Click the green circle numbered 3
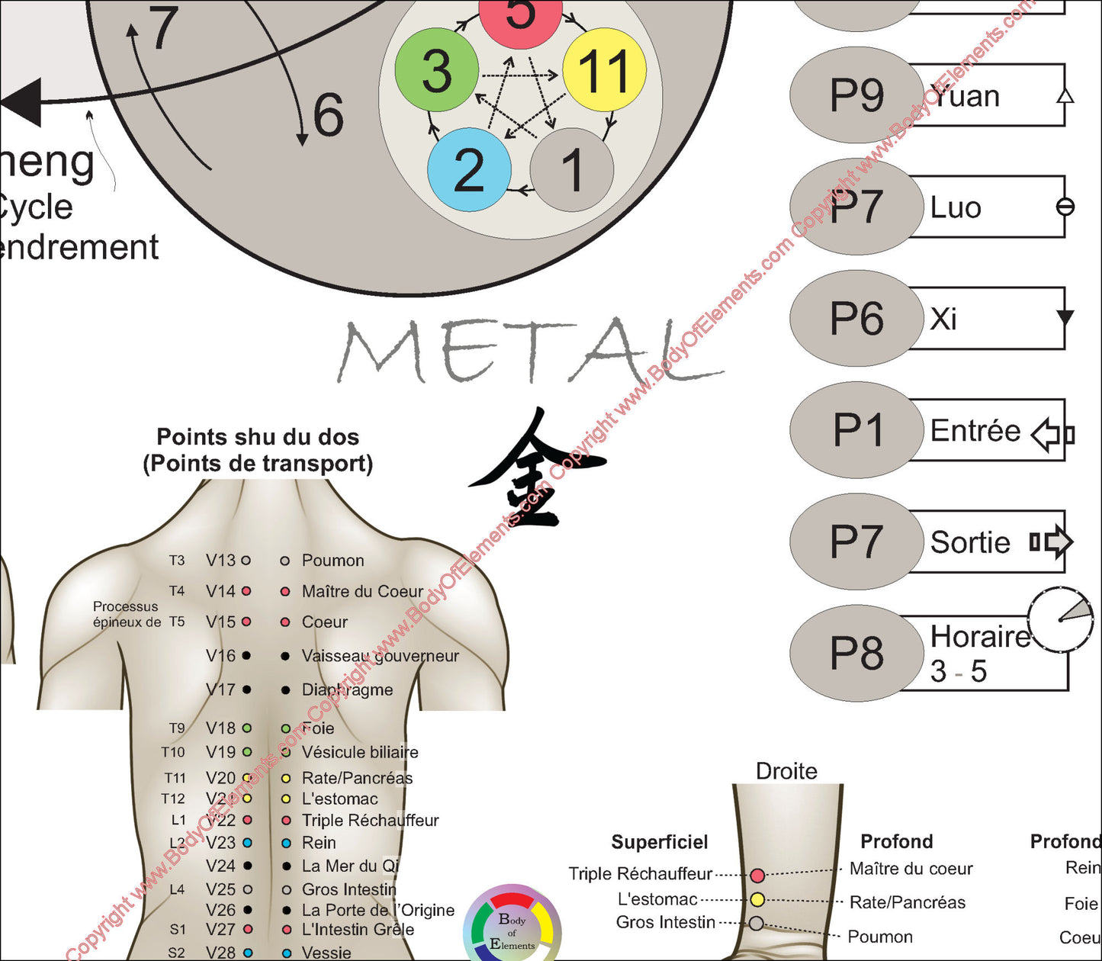(437, 70)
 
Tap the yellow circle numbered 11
(604, 70)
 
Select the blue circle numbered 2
(469, 169)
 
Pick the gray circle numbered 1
(572, 169)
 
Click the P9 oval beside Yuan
(856, 95)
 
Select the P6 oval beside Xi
(856, 318)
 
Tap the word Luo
(956, 207)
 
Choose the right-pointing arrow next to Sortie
(1052, 542)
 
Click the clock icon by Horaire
(1060, 619)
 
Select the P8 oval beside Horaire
(856, 654)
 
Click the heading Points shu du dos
(258, 437)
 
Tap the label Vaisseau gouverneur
(380, 656)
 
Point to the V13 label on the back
(220, 561)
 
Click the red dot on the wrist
(757, 875)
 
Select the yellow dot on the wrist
(757, 899)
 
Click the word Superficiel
(660, 842)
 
